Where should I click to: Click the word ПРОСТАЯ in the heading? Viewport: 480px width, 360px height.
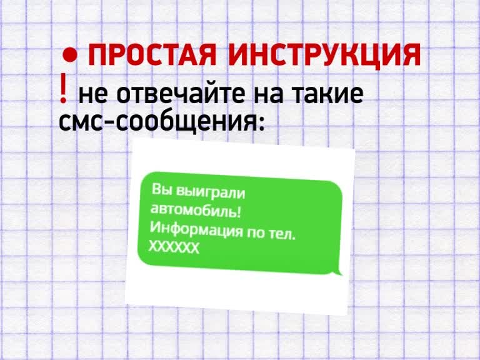(x=152, y=55)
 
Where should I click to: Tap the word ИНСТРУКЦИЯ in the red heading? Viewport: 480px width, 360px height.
(x=324, y=55)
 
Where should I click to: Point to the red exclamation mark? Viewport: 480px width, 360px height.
(x=63, y=88)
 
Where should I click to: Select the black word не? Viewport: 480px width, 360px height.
(x=94, y=94)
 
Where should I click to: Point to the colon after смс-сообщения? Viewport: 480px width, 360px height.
(x=261, y=124)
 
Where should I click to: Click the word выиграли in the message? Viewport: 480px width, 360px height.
(x=211, y=193)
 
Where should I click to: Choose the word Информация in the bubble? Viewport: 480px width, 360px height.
(x=195, y=230)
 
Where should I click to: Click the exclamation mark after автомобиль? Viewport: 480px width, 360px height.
(x=239, y=212)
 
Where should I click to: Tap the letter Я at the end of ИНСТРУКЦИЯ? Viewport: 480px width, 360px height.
(x=411, y=55)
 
